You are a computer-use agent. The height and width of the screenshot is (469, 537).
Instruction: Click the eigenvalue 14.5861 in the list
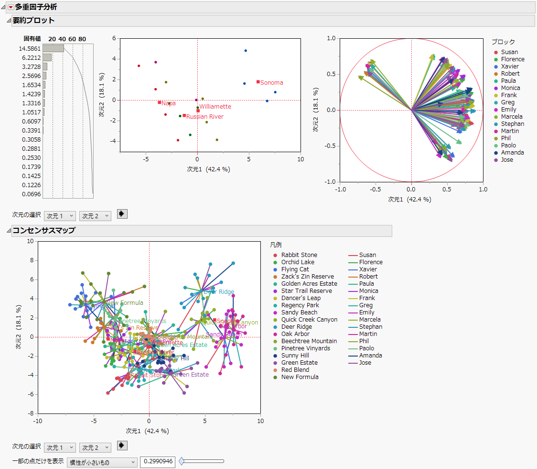pyautogui.click(x=30, y=49)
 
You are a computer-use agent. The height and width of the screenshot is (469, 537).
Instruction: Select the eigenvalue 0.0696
pyautogui.click(x=30, y=194)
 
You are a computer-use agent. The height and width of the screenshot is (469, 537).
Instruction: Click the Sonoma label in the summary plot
pyautogui.click(x=271, y=83)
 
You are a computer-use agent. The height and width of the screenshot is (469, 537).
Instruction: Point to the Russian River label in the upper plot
pyautogui.click(x=204, y=116)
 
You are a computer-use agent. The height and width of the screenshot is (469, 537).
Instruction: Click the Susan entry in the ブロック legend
pyautogui.click(x=509, y=52)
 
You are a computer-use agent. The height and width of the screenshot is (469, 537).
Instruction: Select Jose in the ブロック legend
pyautogui.click(x=507, y=160)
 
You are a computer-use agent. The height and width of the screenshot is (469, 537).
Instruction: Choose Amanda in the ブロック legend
pyautogui.click(x=512, y=153)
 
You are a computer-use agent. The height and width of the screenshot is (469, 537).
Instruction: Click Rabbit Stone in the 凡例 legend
pyautogui.click(x=299, y=255)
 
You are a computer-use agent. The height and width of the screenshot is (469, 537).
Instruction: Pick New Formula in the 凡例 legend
pyautogui.click(x=300, y=377)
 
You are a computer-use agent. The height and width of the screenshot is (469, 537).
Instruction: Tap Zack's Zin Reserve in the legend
pyautogui.click(x=307, y=277)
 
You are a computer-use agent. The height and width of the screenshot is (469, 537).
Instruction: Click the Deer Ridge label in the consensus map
pyautogui.click(x=219, y=292)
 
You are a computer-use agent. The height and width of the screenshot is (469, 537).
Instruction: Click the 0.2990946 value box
pyautogui.click(x=158, y=462)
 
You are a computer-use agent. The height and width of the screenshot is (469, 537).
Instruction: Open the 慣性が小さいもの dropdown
pyautogui.click(x=102, y=462)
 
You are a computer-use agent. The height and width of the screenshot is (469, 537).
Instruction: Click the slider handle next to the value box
pyautogui.click(x=182, y=461)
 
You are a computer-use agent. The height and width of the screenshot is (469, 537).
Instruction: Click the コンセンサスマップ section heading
pyautogui.click(x=43, y=231)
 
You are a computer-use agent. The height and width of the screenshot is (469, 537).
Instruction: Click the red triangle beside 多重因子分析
pyautogui.click(x=11, y=7)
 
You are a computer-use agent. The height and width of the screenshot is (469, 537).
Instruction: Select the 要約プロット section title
pyautogui.click(x=33, y=21)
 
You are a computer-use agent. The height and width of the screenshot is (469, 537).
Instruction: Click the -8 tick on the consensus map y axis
pyautogui.click(x=30, y=413)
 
